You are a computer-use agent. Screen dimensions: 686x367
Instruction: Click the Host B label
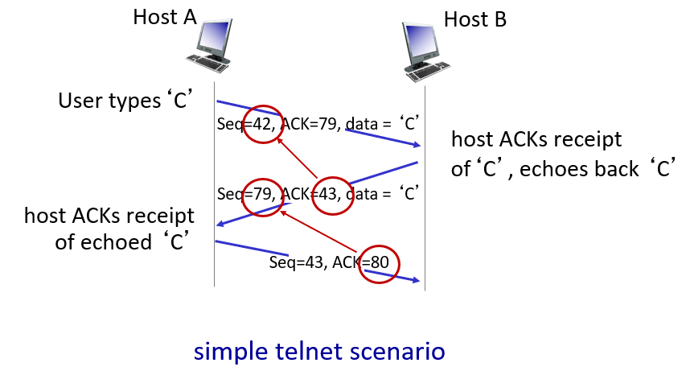475,19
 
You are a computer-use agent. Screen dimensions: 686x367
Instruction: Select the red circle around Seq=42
265,125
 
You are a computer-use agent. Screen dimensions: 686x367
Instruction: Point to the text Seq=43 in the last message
294,263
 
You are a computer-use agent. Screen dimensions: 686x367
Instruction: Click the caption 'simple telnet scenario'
318,352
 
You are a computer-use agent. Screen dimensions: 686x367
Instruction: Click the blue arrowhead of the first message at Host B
416,144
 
